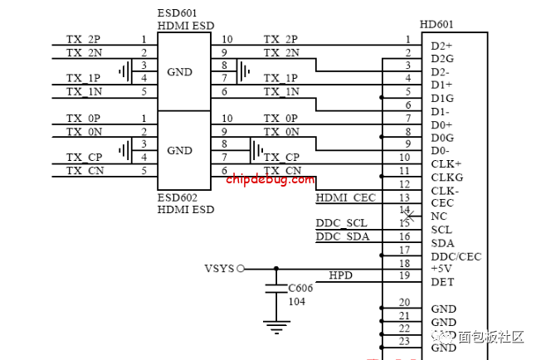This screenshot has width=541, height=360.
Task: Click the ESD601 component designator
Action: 178,14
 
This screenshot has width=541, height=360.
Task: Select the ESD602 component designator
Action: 178,198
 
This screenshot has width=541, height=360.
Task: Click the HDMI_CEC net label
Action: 346,197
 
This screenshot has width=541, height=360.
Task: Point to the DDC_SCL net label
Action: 341,223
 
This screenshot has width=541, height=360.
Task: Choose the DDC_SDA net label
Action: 342,237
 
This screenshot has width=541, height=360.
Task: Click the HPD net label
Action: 340,275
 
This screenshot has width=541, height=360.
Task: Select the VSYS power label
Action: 219,269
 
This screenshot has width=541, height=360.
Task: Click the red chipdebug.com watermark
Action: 270,178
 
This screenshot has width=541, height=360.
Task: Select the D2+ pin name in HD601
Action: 441,45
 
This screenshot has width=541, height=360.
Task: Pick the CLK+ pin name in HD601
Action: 446,164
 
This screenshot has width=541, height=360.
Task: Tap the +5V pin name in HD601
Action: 441,269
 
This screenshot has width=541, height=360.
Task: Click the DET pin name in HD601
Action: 442,282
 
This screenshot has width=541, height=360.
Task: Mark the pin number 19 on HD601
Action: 404,275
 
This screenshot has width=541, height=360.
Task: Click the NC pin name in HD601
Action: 439,216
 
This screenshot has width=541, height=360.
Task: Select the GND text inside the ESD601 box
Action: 179,72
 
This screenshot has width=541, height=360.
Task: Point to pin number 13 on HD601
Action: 404,197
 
